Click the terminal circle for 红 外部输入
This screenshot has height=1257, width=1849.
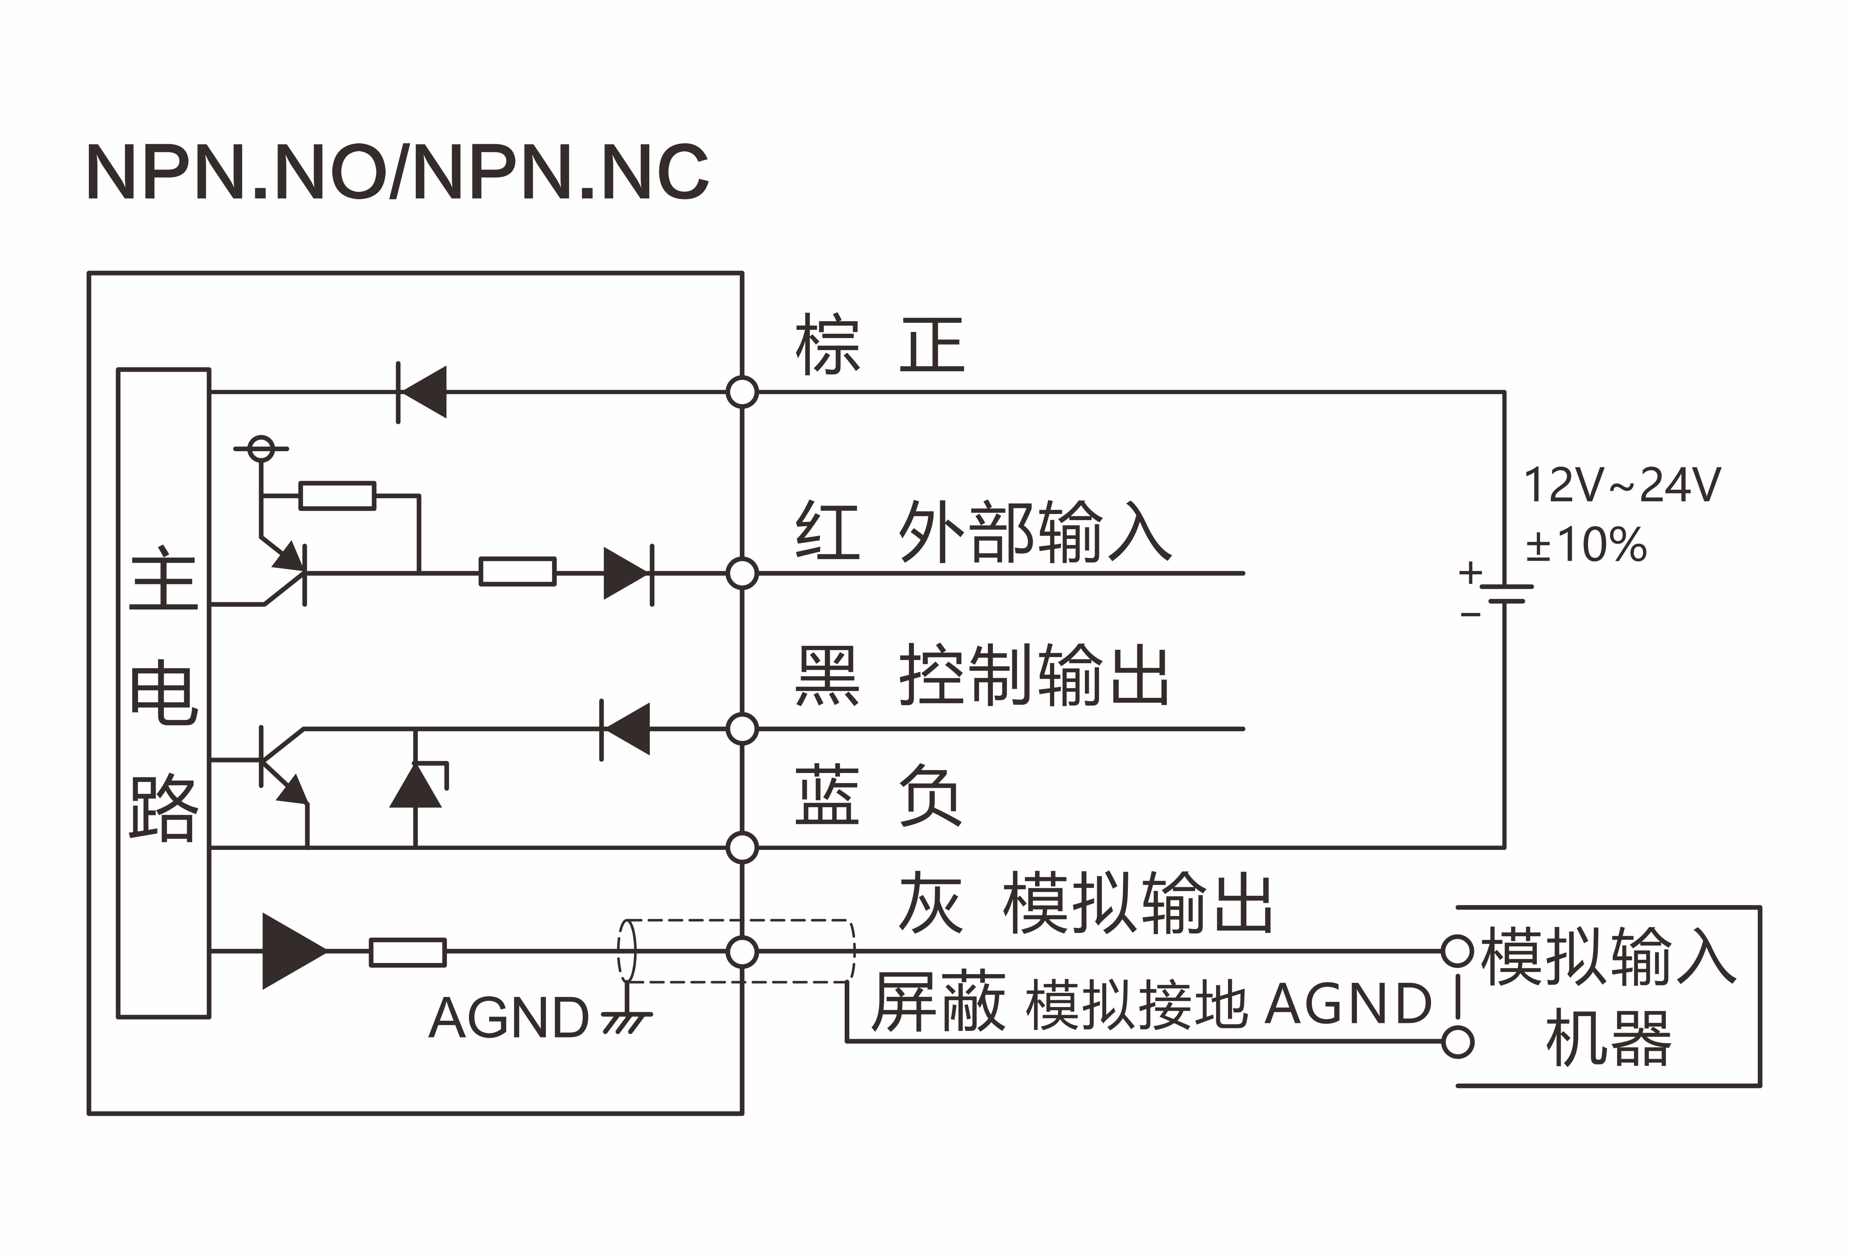click(742, 573)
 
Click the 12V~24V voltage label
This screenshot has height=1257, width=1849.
click(1621, 485)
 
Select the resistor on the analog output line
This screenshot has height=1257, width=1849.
click(408, 952)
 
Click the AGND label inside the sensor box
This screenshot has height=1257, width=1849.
click(509, 1018)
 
